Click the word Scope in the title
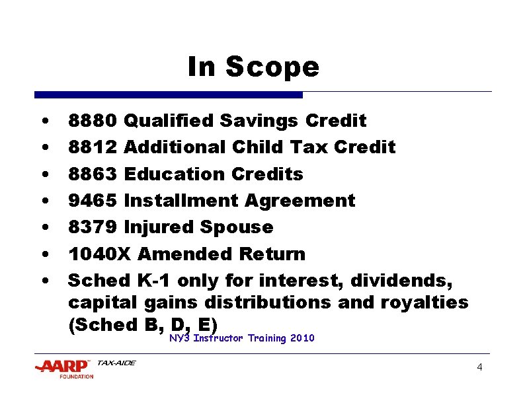point(272,67)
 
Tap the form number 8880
point(93,121)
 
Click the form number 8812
point(93,147)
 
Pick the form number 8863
point(93,174)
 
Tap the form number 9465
point(93,201)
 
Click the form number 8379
point(93,227)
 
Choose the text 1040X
point(97,254)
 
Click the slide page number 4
point(479,367)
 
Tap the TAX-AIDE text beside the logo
point(116,363)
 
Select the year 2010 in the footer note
point(302,338)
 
